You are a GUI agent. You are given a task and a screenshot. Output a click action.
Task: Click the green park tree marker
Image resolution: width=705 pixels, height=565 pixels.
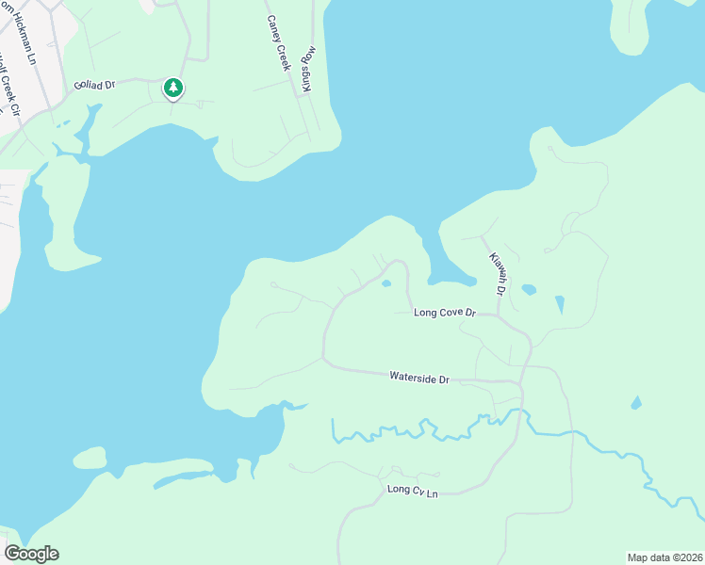coord(172,88)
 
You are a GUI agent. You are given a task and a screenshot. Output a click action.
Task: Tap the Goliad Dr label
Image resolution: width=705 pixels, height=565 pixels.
coord(95,85)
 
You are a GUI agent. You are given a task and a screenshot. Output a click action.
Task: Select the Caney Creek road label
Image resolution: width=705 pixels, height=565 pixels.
coord(276,43)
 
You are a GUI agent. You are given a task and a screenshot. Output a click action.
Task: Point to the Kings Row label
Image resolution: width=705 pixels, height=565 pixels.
coord(306,67)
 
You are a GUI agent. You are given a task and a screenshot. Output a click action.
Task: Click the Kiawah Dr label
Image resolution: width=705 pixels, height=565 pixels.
coord(497,273)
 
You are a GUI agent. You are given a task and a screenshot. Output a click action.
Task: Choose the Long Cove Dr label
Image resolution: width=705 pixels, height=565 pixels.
coord(445,312)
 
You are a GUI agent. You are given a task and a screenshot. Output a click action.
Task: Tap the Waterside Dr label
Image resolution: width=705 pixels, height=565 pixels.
coord(419,378)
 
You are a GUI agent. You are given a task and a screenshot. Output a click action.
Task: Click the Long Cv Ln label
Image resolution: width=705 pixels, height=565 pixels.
coord(413,491)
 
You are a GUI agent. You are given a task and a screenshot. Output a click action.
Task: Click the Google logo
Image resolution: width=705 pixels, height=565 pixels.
coord(31,554)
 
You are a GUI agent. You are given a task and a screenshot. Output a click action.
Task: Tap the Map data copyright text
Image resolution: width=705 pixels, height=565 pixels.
coord(664,557)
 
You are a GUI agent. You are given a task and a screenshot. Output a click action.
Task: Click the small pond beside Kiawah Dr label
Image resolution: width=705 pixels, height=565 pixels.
coord(529,289)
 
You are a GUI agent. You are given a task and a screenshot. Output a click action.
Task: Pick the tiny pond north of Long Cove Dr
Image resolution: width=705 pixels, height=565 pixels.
coord(385,282)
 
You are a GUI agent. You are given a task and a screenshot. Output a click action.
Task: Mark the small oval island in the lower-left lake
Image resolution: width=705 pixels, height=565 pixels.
coord(90,459)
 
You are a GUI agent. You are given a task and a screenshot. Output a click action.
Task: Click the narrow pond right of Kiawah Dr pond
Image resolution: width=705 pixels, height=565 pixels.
coord(560,304)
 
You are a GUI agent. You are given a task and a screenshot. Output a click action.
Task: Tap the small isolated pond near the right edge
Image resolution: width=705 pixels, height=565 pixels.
coord(636,403)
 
